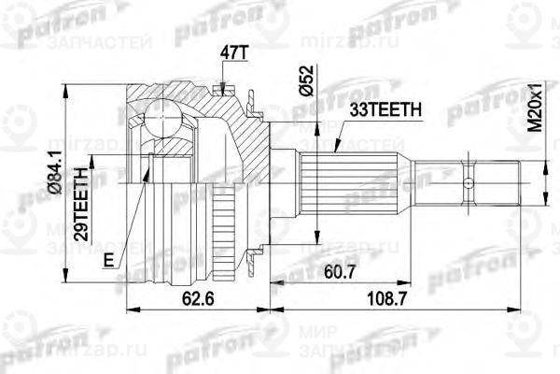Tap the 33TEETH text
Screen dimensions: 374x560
coord(382,110)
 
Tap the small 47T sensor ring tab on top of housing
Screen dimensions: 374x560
coord(220,90)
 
